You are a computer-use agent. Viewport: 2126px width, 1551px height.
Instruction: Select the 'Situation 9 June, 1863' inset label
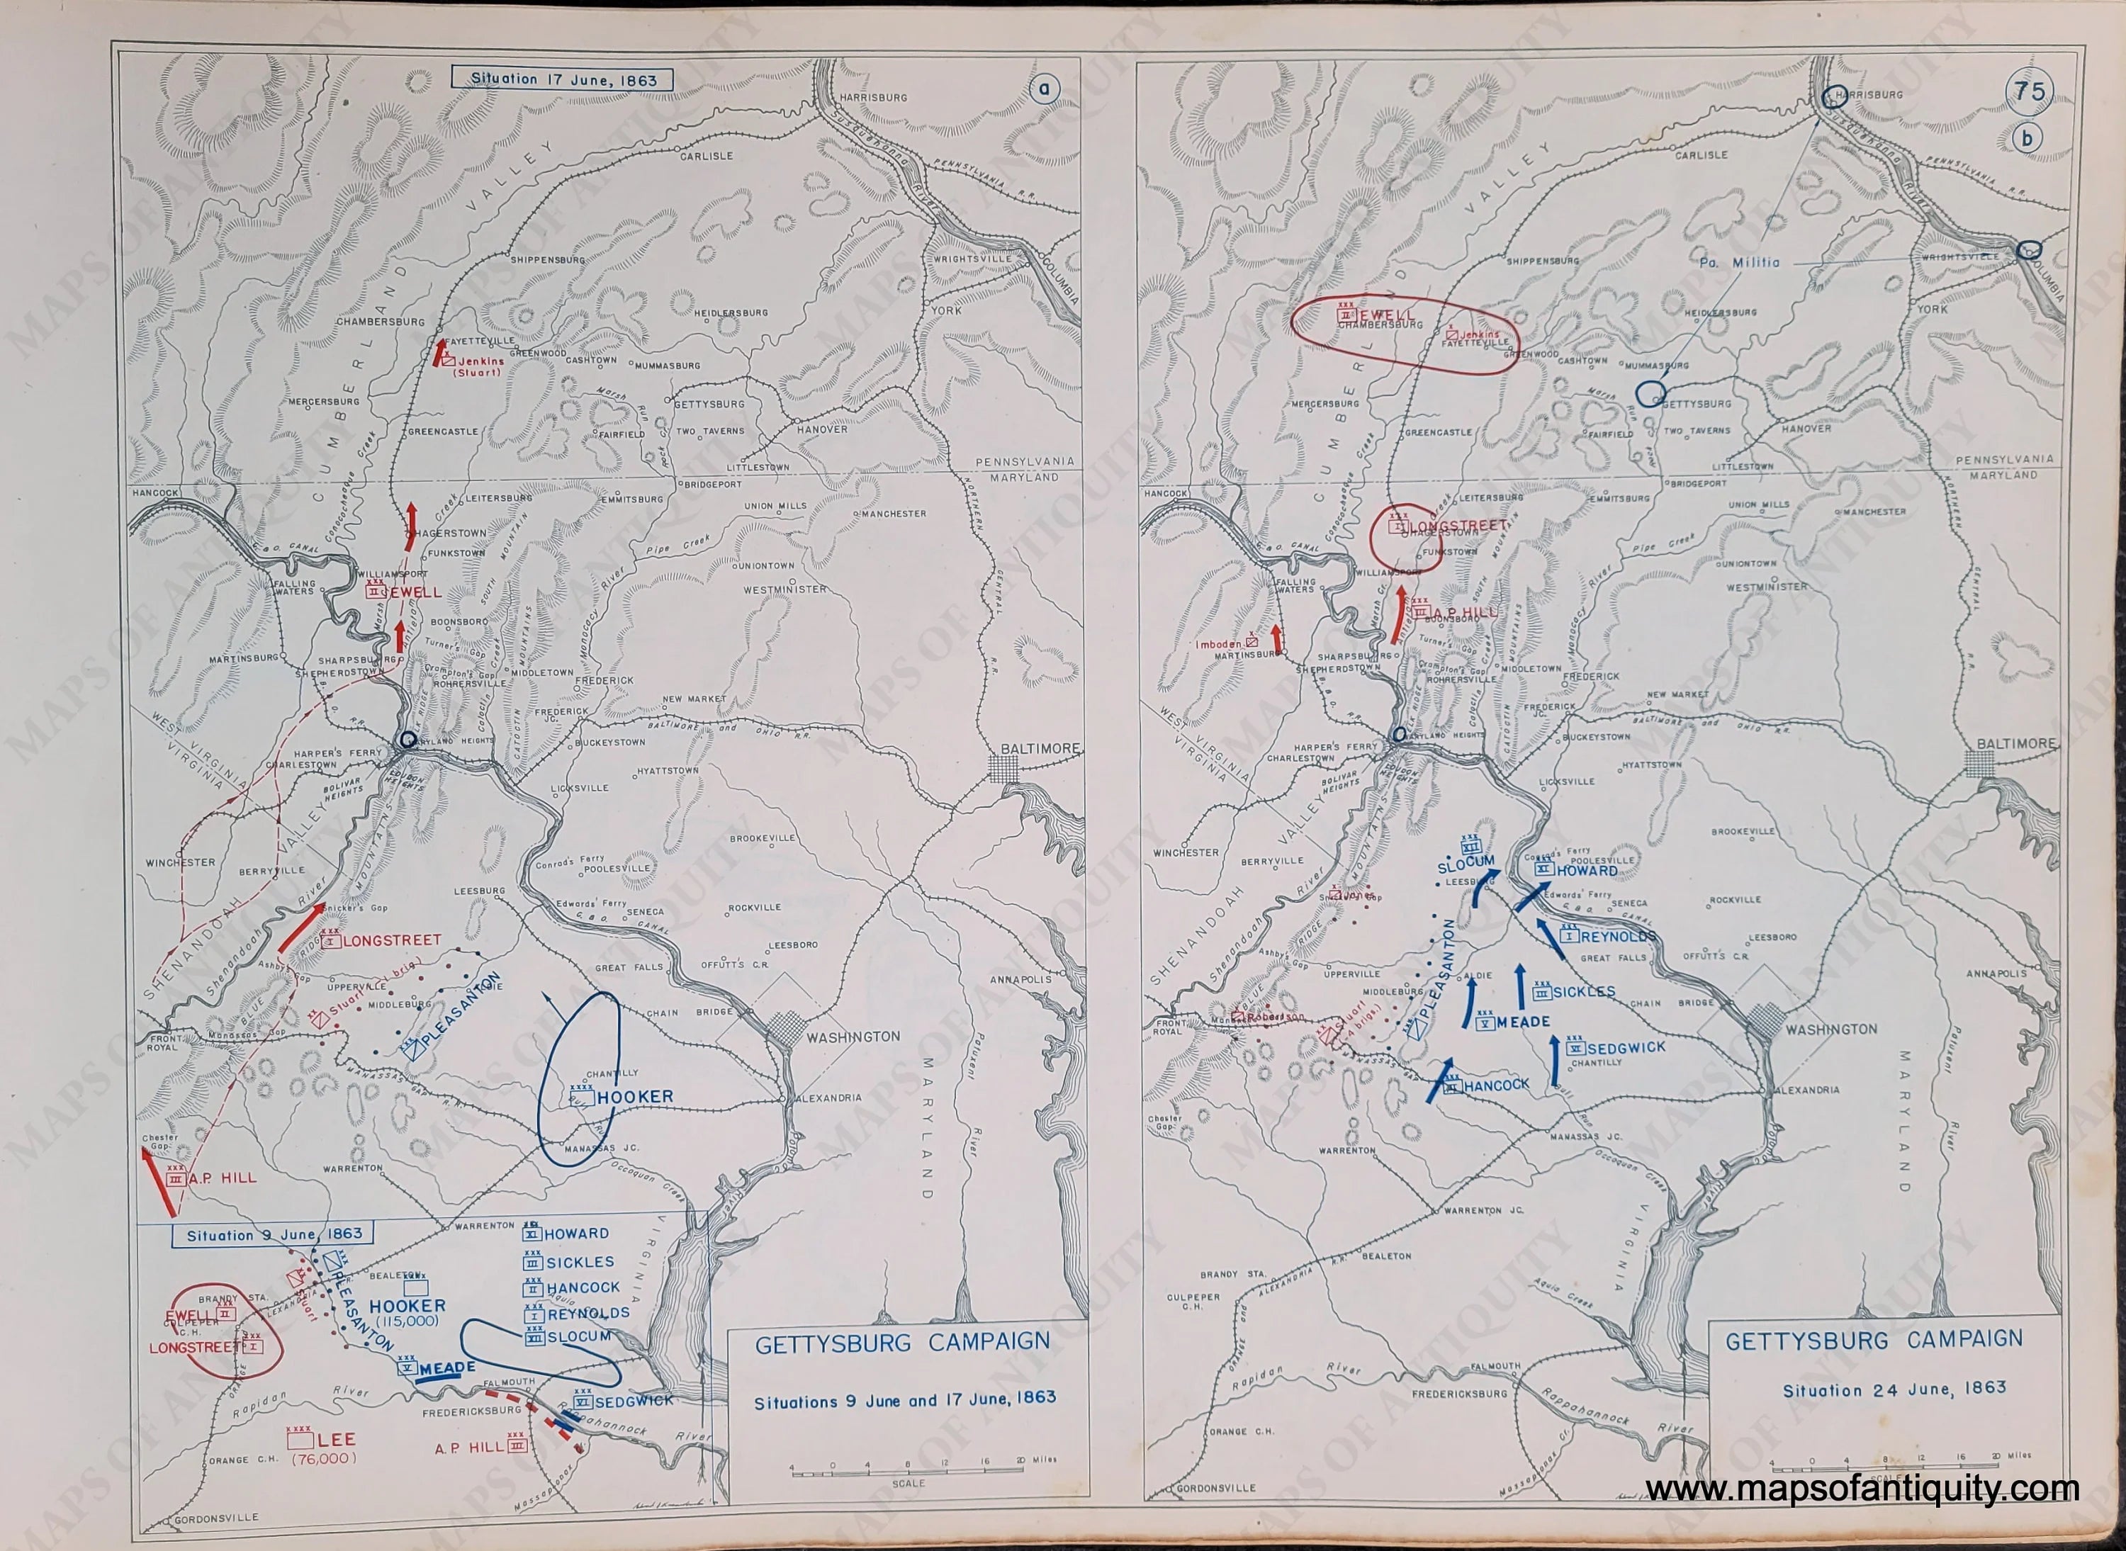(x=271, y=1236)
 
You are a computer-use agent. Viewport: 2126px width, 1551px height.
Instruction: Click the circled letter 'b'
(x=2027, y=139)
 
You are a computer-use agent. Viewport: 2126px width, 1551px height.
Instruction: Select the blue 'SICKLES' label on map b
(x=1582, y=991)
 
